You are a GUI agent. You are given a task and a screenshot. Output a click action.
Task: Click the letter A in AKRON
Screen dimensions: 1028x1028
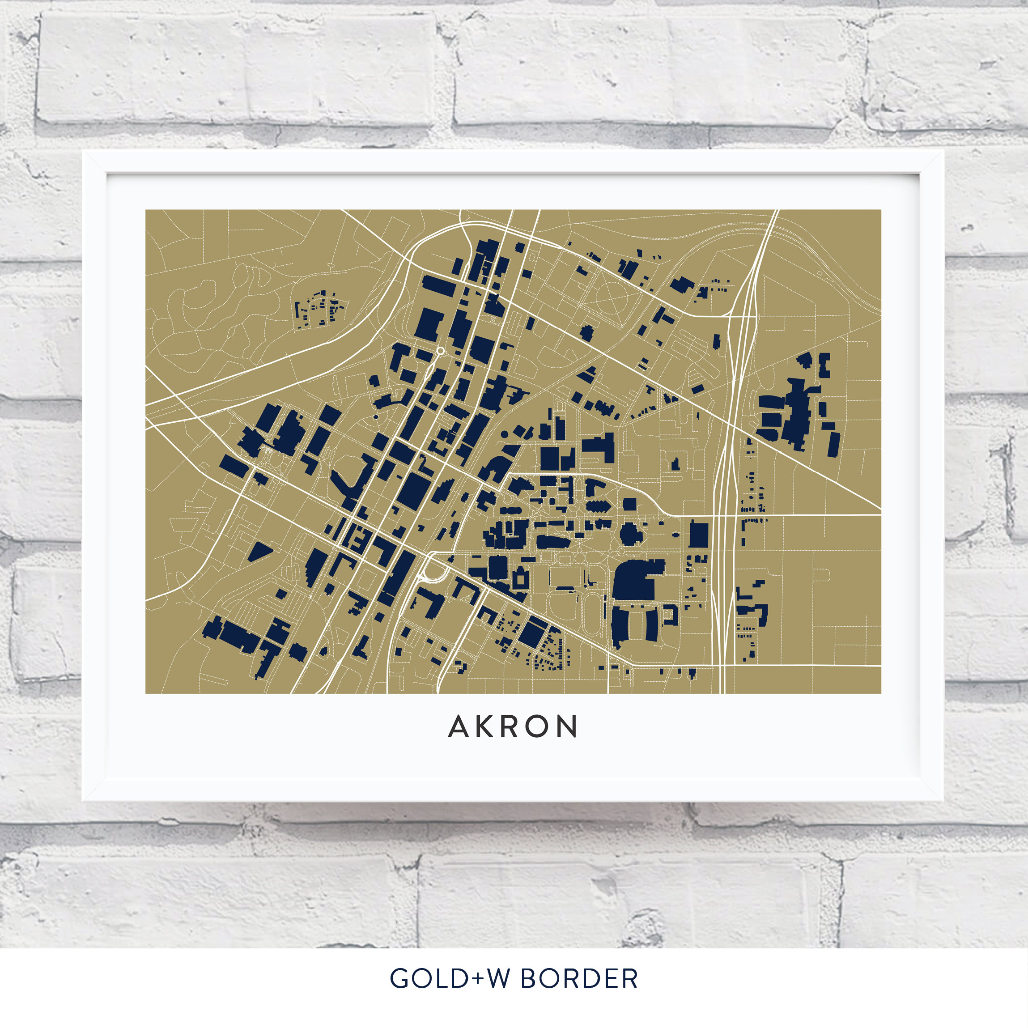[x=458, y=727]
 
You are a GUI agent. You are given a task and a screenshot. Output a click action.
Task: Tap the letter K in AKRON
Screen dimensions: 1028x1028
[x=484, y=727]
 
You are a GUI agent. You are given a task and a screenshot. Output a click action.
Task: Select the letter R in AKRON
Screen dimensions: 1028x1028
[x=509, y=727]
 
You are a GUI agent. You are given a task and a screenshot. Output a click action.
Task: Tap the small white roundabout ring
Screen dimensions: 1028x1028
[x=440, y=351]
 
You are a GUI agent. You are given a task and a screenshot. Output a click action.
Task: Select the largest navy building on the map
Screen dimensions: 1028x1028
[x=637, y=579]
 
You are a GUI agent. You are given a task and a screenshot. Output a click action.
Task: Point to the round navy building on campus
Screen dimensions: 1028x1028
[x=630, y=534]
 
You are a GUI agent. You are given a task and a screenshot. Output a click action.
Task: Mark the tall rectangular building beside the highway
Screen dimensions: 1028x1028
[x=698, y=535]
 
